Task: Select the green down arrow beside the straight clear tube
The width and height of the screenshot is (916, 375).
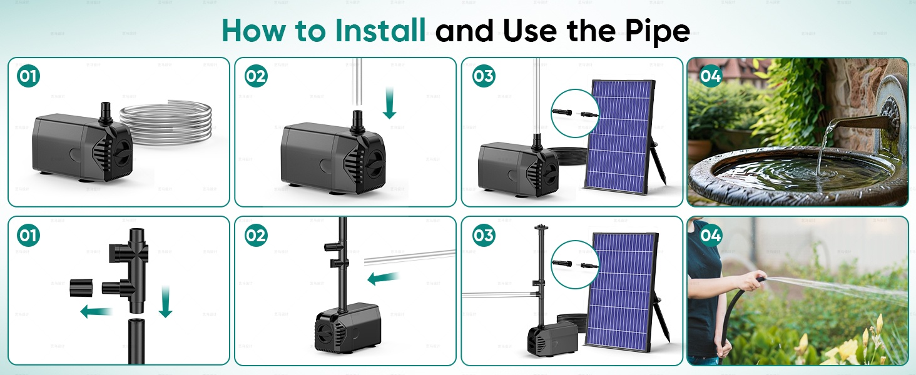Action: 390,103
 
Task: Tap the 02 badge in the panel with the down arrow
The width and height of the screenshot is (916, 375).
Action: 255,76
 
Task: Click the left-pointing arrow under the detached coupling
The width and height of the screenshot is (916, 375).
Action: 96,311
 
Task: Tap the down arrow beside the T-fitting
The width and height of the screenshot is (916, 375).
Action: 165,301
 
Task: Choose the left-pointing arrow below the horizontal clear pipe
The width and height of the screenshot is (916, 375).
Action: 384,278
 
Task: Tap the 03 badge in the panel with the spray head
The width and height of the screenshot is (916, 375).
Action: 483,236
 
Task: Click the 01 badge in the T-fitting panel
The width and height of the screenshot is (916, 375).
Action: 28,236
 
